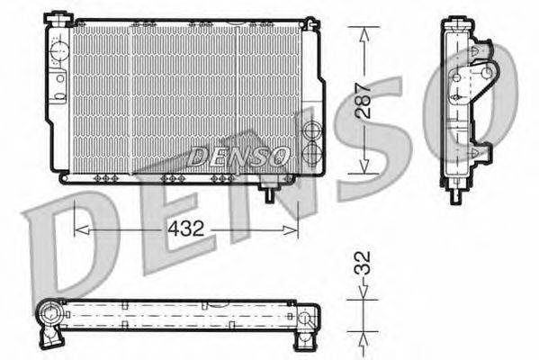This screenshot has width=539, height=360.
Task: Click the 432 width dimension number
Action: tap(186, 229)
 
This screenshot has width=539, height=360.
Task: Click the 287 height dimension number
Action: tap(364, 101)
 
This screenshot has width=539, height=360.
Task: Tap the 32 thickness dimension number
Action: tap(363, 263)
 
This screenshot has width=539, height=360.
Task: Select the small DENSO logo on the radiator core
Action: tap(238, 156)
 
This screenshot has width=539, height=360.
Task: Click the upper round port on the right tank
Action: tap(311, 130)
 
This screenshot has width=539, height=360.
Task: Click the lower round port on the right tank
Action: tap(311, 151)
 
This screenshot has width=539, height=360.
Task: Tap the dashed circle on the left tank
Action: tap(59, 51)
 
